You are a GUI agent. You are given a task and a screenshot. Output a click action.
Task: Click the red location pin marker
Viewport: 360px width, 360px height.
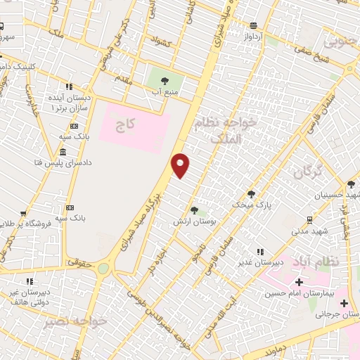point(181,165)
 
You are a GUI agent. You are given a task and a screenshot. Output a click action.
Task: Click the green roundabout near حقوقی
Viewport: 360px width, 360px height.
point(104,268)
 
